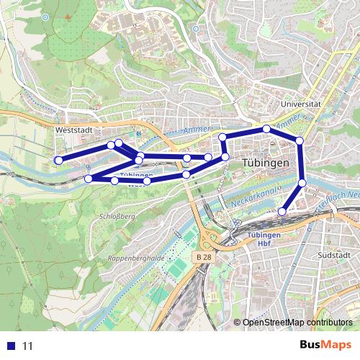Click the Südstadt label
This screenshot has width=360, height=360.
tap(333, 255)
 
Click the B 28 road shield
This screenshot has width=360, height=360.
tap(204, 257)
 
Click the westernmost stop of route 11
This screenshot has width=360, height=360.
tap(59, 160)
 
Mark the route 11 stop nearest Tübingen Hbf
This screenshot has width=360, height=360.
tap(282, 212)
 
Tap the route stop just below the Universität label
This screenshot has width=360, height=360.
tap(300, 140)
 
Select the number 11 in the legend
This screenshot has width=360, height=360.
tap(28, 346)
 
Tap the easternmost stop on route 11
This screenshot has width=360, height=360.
tap(302, 183)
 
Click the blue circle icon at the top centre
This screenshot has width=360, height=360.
tap(195, 29)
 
